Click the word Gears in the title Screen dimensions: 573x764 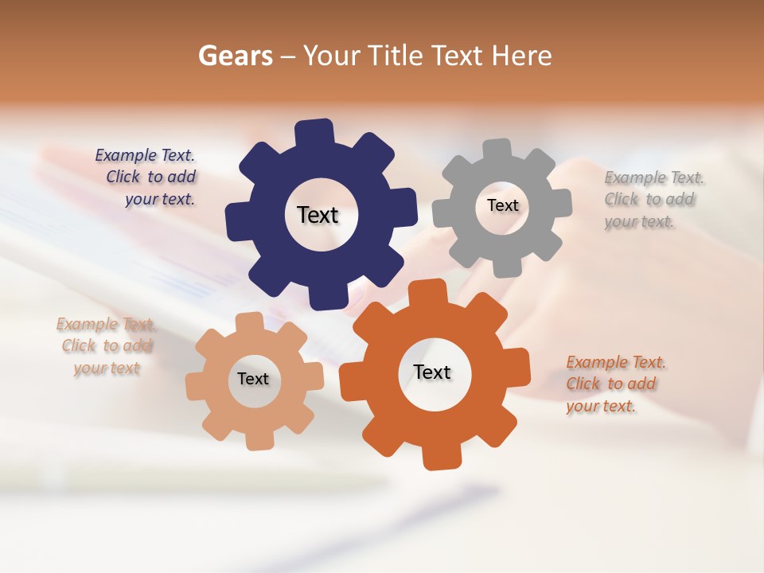coord(234,56)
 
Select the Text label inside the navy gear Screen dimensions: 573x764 coord(318,215)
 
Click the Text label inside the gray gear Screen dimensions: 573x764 coord(502,205)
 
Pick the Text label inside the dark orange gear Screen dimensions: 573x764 coord(432,372)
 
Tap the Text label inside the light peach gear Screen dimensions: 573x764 coord(252,380)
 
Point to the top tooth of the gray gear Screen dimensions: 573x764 coord(497,149)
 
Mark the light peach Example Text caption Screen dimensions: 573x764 coord(107,346)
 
